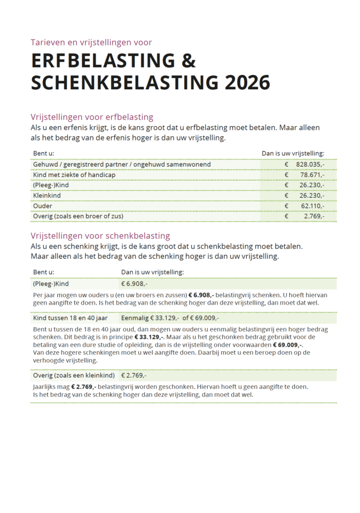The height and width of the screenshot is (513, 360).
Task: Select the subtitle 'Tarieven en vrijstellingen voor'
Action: coord(91,42)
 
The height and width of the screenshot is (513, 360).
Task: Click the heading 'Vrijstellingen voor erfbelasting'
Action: coord(92,117)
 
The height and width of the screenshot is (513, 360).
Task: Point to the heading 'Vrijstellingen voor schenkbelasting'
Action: coord(100,236)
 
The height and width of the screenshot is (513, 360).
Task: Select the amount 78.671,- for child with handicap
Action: coord(312,175)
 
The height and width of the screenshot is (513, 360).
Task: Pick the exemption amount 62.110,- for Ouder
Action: coord(312,206)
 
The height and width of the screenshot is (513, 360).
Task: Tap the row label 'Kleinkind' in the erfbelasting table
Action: coord(47,196)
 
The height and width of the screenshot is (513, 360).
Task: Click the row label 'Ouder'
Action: coord(42,206)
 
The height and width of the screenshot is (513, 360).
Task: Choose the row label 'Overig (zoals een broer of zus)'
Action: coord(78,216)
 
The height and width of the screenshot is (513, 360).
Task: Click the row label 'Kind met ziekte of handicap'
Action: coord(74,175)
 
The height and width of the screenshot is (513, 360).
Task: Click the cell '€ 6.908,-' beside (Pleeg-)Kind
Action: coord(134,284)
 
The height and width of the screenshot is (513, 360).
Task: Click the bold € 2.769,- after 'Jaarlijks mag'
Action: coord(83,386)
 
